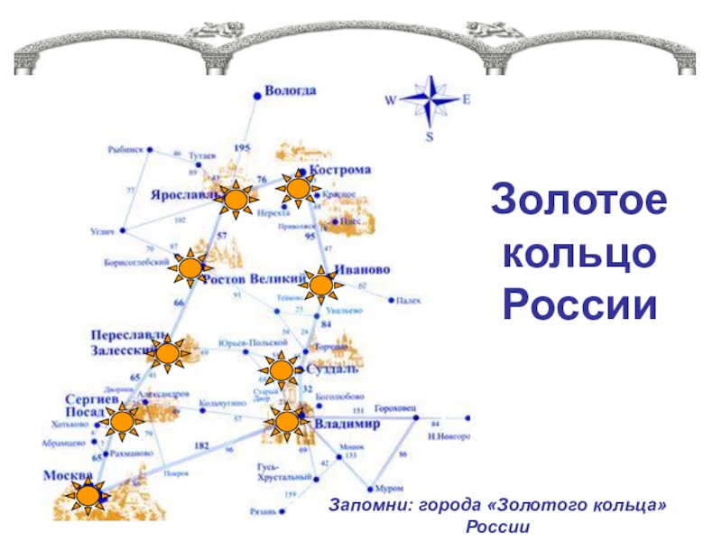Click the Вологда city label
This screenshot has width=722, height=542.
[x=290, y=90]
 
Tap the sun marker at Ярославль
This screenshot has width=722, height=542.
[x=237, y=201]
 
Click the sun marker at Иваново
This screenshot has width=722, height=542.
[x=320, y=285]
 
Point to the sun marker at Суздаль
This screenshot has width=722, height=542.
[x=281, y=370]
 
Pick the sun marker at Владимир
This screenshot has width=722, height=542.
[x=287, y=421]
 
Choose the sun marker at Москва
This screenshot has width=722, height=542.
[x=88, y=495]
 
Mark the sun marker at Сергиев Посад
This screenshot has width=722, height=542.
[x=121, y=421]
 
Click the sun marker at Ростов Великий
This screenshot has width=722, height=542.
[x=190, y=266]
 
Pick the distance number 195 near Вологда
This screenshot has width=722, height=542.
[x=242, y=147]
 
